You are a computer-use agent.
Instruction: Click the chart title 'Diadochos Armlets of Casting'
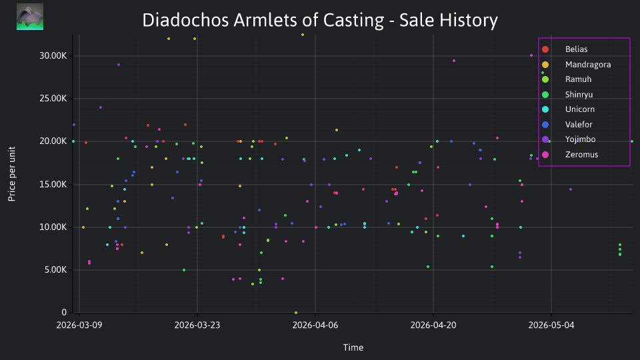pyautogui.click(x=263, y=20)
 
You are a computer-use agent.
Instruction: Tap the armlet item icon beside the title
pyautogui.click(x=30, y=17)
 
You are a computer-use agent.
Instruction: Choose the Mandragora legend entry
pyautogui.click(x=576, y=65)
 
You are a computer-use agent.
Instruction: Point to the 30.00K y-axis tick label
pyautogui.click(x=53, y=56)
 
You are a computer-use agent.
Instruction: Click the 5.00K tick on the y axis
pyautogui.click(x=55, y=270)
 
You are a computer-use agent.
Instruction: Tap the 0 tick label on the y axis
pyautogui.click(x=64, y=312)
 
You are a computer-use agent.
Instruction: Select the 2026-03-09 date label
pyautogui.click(x=79, y=325)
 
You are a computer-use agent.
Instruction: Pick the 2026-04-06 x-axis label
pyautogui.click(x=315, y=325)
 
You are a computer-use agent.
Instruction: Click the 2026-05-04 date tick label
pyautogui.click(x=551, y=325)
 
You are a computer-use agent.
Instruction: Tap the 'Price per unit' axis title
pyautogui.click(x=12, y=174)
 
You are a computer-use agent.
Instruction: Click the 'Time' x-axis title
pyautogui.click(x=353, y=347)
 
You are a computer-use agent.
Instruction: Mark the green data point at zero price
pyautogui.click(x=296, y=313)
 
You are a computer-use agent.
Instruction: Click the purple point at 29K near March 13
pyautogui.click(x=119, y=65)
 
